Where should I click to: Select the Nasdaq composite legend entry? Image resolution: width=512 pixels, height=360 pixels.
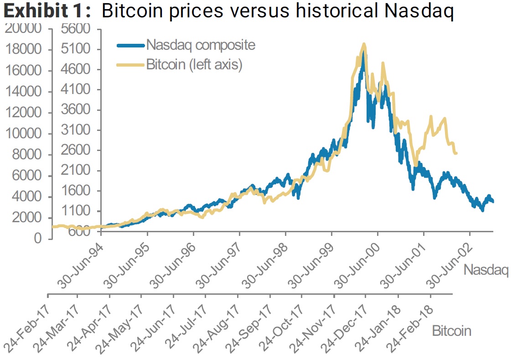[x=201, y=45]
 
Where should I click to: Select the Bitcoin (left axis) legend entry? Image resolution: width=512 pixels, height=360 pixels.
[x=194, y=65]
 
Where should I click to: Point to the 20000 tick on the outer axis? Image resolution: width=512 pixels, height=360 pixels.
[x=24, y=29]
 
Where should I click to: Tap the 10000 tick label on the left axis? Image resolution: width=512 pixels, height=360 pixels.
[x=24, y=134]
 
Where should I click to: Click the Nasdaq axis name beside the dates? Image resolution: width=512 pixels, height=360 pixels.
[x=486, y=270]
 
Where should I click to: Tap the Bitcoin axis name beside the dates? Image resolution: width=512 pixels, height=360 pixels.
[x=451, y=330]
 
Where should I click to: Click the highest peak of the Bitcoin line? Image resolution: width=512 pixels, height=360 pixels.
[x=363, y=44]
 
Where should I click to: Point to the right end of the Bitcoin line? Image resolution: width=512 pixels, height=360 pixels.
[x=456, y=153]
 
